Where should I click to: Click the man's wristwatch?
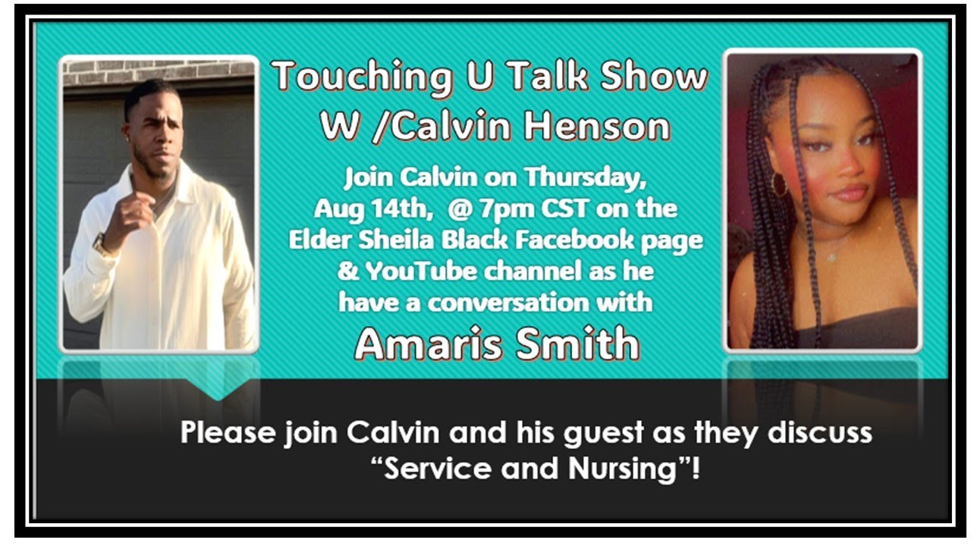click(99, 244)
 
